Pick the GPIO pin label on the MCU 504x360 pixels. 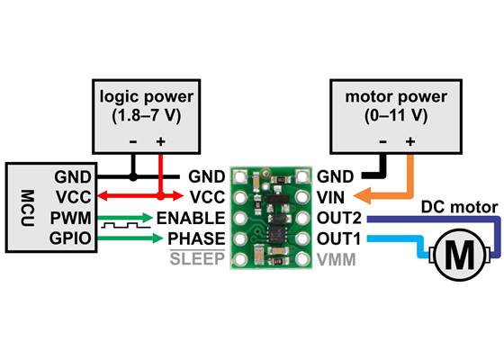coord(70,239)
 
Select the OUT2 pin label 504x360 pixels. coord(339,219)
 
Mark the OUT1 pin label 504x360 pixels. coord(339,239)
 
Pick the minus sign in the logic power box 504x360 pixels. coord(133,142)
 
